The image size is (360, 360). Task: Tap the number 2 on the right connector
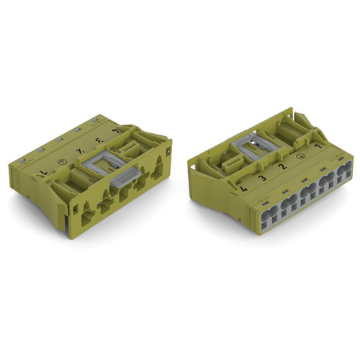[282, 166]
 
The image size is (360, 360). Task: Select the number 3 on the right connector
[262, 177]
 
